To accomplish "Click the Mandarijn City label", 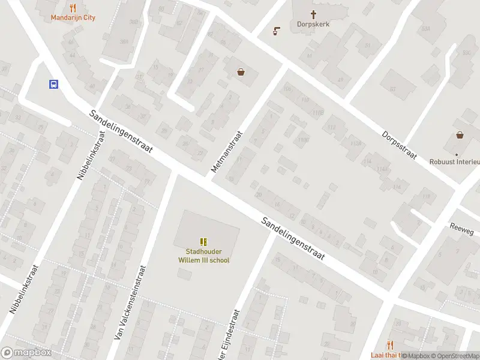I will pos(73,18).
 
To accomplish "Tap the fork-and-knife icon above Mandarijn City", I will pos(73,8).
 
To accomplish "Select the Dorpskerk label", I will pos(313,25).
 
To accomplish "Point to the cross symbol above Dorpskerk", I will pos(313,14).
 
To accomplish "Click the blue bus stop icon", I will pos(53,85).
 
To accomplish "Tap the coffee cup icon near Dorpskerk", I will pos(277,31).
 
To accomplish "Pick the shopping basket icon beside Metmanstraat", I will pos(241,72).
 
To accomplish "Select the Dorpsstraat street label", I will pos(399,145).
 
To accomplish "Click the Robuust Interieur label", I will pos(455,161).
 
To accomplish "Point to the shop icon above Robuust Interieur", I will pos(460,135).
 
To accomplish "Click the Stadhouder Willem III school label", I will pos(203,256).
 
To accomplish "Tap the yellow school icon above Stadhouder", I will pos(204,242).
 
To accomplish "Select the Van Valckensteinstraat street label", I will pos(130,303).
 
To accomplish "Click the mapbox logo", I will pos(26,353).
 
